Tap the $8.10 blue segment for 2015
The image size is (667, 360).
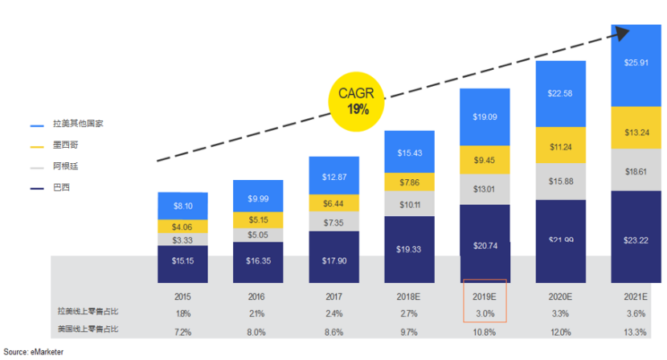pos(183,207)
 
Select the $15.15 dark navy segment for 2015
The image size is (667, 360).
pos(183,261)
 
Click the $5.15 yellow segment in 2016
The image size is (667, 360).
pos(258,219)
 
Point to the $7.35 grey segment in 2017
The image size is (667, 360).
pos(334,222)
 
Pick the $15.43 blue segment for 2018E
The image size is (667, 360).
pos(410,153)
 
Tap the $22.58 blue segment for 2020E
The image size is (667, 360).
pos(562,93)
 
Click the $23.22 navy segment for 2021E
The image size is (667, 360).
pos(636,239)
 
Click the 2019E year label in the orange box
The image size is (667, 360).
pos(485,295)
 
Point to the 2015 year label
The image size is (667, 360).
pos(183,295)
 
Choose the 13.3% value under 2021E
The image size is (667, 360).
pos(636,331)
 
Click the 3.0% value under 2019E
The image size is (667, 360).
pos(485,313)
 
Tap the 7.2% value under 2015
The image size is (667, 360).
pos(183,331)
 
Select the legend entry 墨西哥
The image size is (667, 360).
pos(63,145)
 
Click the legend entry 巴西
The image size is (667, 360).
pos(59,187)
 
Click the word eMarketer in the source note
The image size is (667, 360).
pos(47,352)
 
